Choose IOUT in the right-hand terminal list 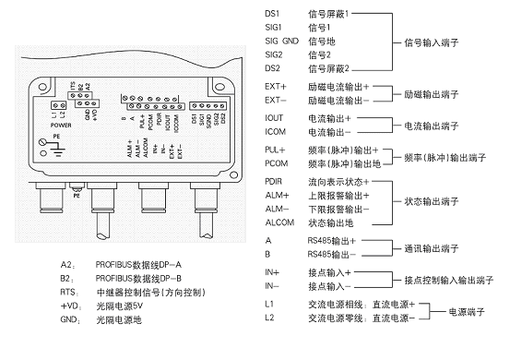[274, 119]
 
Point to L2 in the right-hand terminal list [268, 319]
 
